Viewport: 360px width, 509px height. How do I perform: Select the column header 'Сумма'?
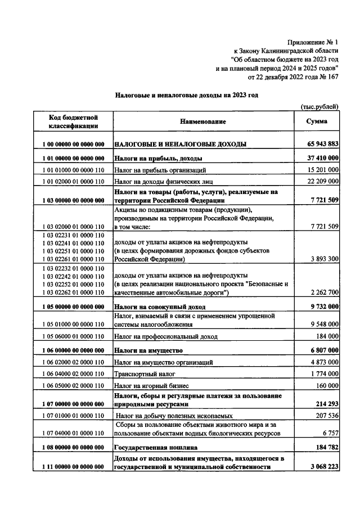(x=317, y=121)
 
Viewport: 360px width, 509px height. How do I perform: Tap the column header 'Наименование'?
(x=203, y=121)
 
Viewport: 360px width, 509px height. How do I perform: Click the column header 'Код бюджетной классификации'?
(x=73, y=121)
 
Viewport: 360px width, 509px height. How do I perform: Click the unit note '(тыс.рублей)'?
(x=318, y=106)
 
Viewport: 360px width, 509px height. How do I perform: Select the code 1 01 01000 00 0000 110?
(x=73, y=169)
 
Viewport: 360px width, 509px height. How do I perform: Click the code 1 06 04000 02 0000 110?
(x=73, y=373)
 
